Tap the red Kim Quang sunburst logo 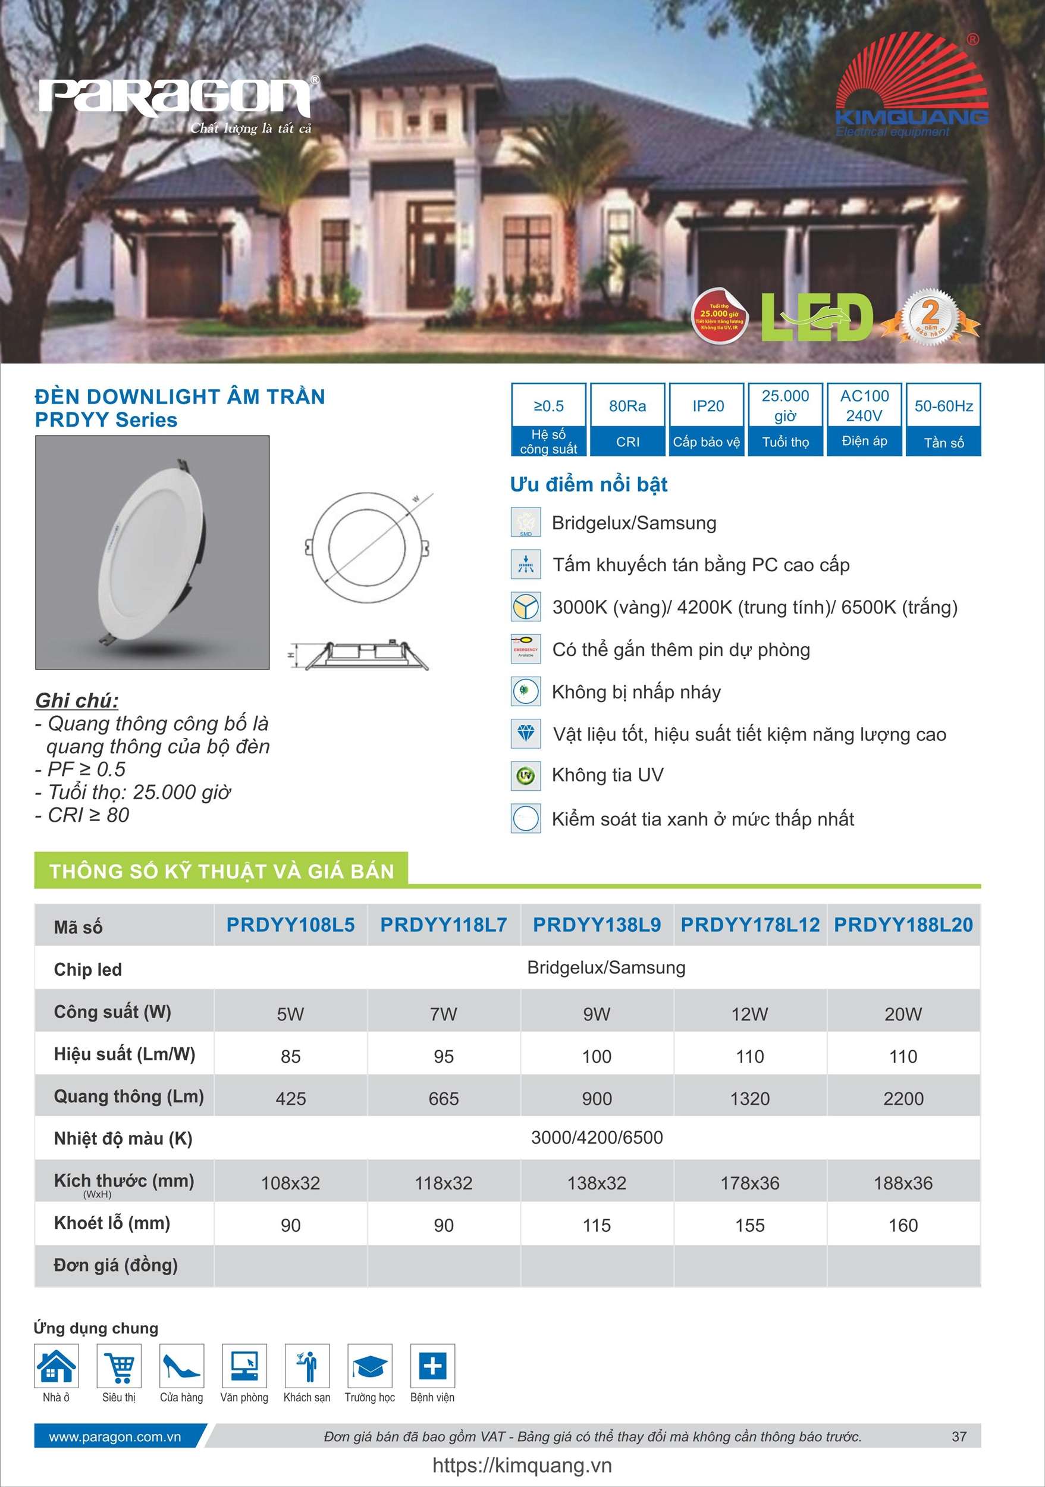(912, 78)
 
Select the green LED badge (817, 317)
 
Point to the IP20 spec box (707, 419)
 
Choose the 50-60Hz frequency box (943, 419)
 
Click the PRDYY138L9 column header (597, 925)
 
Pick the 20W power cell (903, 1014)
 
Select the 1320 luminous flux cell (750, 1098)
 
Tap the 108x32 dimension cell (290, 1184)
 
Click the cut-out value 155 (750, 1225)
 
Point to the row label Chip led (87, 969)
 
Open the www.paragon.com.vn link (115, 1436)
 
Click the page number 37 (959, 1436)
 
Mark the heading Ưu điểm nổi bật (589, 484)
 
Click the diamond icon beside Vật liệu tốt (526, 734)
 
